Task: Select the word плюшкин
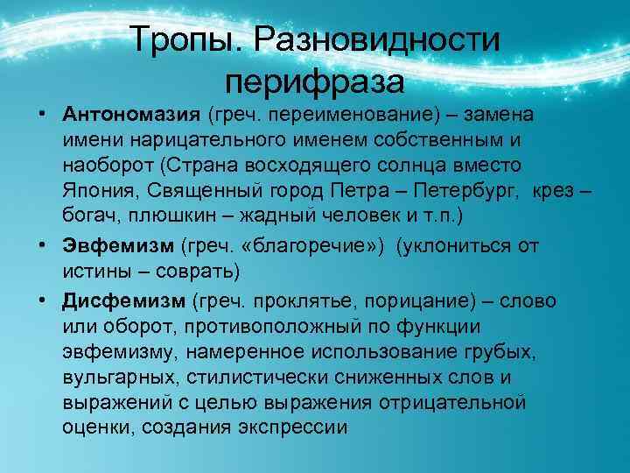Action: (164, 215)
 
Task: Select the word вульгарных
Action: (114, 377)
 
